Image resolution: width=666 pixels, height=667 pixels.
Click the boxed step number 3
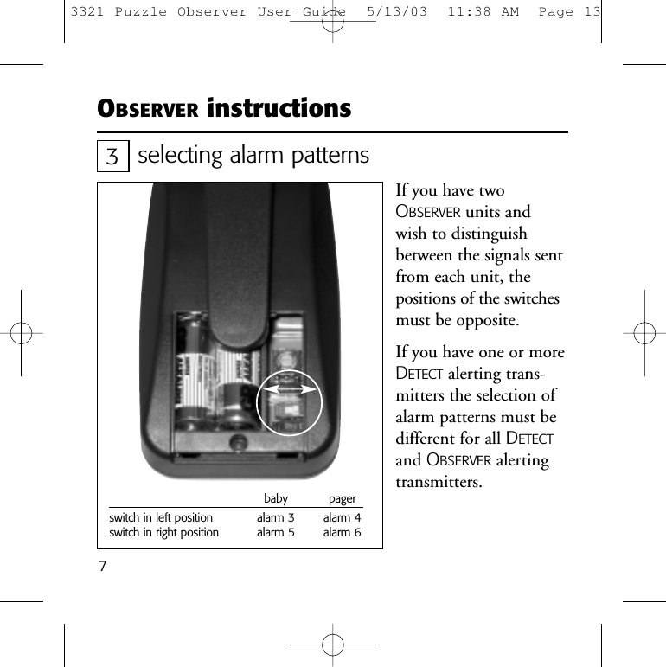(112, 157)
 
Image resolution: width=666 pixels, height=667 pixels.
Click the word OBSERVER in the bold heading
(148, 111)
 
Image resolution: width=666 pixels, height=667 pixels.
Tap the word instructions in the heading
(279, 109)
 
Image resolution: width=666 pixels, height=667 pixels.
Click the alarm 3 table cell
(275, 518)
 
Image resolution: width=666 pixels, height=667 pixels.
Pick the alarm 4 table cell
(342, 518)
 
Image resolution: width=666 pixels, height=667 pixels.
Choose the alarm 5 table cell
(275, 533)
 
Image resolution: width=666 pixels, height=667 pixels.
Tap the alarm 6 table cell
(342, 533)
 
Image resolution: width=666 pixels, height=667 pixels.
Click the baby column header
(275, 499)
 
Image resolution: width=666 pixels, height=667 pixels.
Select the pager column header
(343, 500)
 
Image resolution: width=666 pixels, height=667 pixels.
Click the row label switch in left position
(160, 518)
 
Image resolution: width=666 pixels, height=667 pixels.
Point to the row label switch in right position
(163, 533)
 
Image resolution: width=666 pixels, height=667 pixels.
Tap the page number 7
(102, 567)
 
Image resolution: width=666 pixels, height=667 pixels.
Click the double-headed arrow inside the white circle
(289, 391)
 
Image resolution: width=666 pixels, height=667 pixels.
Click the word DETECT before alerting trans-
(419, 375)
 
